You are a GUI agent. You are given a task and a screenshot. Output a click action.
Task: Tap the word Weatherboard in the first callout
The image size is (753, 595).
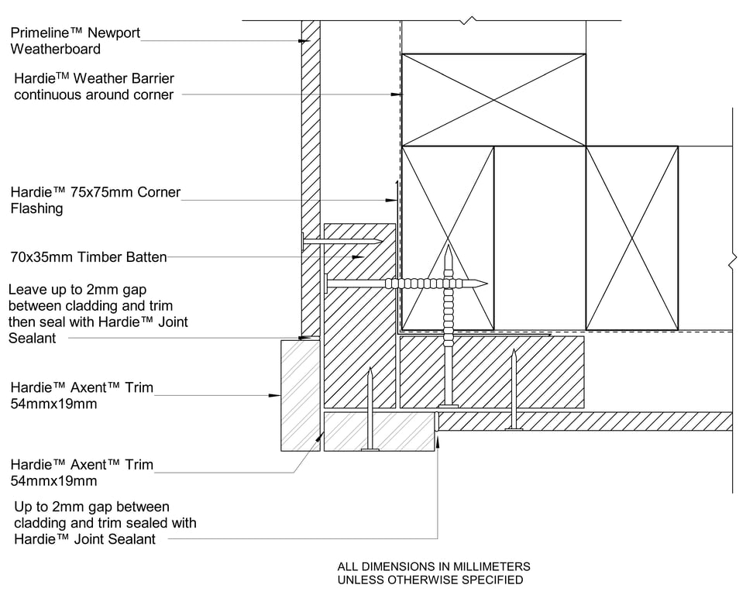pos(55,49)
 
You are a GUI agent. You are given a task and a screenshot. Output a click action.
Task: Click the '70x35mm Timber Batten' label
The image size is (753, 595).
pos(89,257)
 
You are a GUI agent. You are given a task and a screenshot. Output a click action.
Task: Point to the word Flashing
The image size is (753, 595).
pos(36,208)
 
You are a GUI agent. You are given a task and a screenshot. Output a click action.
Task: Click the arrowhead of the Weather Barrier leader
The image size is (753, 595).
pos(396,95)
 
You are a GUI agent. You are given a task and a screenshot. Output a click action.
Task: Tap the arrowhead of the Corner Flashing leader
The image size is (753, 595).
pos(391,200)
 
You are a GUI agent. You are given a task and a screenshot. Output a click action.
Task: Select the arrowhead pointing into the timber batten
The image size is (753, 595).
pos(358,257)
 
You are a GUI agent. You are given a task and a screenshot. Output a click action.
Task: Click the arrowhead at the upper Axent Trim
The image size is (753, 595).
pos(275,396)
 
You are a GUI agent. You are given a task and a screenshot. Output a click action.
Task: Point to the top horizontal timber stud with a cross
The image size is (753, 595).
pos(493,100)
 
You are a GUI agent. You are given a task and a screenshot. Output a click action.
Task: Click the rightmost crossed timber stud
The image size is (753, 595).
pos(632,238)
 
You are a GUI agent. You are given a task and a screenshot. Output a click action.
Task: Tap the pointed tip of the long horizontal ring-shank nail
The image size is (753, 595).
pos(487,284)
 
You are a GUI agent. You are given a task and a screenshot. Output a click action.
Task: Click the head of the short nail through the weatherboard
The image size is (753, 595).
pos(304,241)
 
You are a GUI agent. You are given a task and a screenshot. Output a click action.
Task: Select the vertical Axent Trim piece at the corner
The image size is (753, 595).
pos(300,396)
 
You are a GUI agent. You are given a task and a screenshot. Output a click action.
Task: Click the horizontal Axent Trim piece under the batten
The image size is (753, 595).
pos(380,432)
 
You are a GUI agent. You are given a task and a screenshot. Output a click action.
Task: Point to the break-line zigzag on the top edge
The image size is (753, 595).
pos(469,20)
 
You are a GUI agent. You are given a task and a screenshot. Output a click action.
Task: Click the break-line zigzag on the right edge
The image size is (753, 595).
pos(732,262)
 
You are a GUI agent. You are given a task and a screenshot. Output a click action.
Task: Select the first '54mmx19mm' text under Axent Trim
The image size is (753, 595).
pos(53,404)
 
